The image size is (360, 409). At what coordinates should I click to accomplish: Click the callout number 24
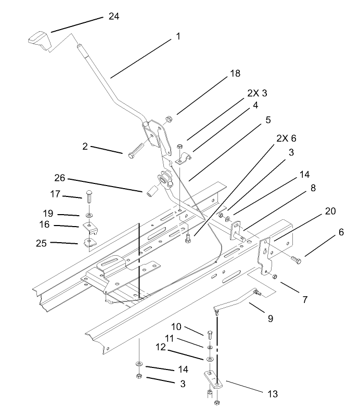(x=113, y=17)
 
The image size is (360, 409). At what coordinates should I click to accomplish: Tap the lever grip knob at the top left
(x=38, y=39)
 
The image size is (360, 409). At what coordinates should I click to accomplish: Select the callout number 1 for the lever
(x=178, y=36)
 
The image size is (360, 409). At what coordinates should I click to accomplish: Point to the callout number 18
(x=235, y=73)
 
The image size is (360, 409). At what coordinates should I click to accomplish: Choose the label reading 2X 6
(x=286, y=139)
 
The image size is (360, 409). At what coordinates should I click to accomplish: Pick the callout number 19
(x=63, y=213)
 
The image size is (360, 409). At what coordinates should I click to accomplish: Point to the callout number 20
(x=330, y=211)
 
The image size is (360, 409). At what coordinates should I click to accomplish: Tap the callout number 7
(x=305, y=299)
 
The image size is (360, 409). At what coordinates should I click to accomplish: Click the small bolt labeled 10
(x=209, y=333)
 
